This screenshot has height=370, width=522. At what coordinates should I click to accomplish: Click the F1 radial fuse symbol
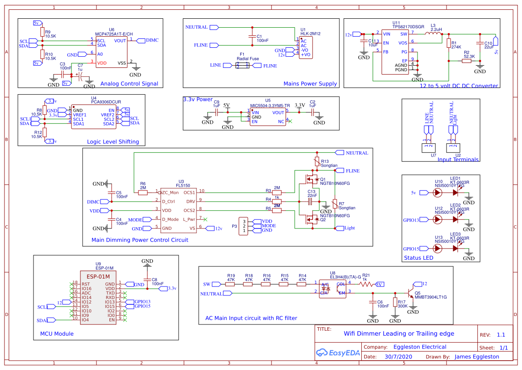(243, 66)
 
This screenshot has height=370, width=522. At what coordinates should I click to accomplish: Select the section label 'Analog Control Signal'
(129, 83)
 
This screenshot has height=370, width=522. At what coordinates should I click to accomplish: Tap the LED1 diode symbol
(455, 193)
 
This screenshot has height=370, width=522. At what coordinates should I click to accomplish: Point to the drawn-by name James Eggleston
(476, 357)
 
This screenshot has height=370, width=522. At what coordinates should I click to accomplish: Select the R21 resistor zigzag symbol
(366, 283)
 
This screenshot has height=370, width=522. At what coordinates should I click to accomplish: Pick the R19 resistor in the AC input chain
(230, 283)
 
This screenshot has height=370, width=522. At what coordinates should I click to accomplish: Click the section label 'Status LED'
(419, 258)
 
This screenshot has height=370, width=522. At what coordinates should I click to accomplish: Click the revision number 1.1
(501, 335)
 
